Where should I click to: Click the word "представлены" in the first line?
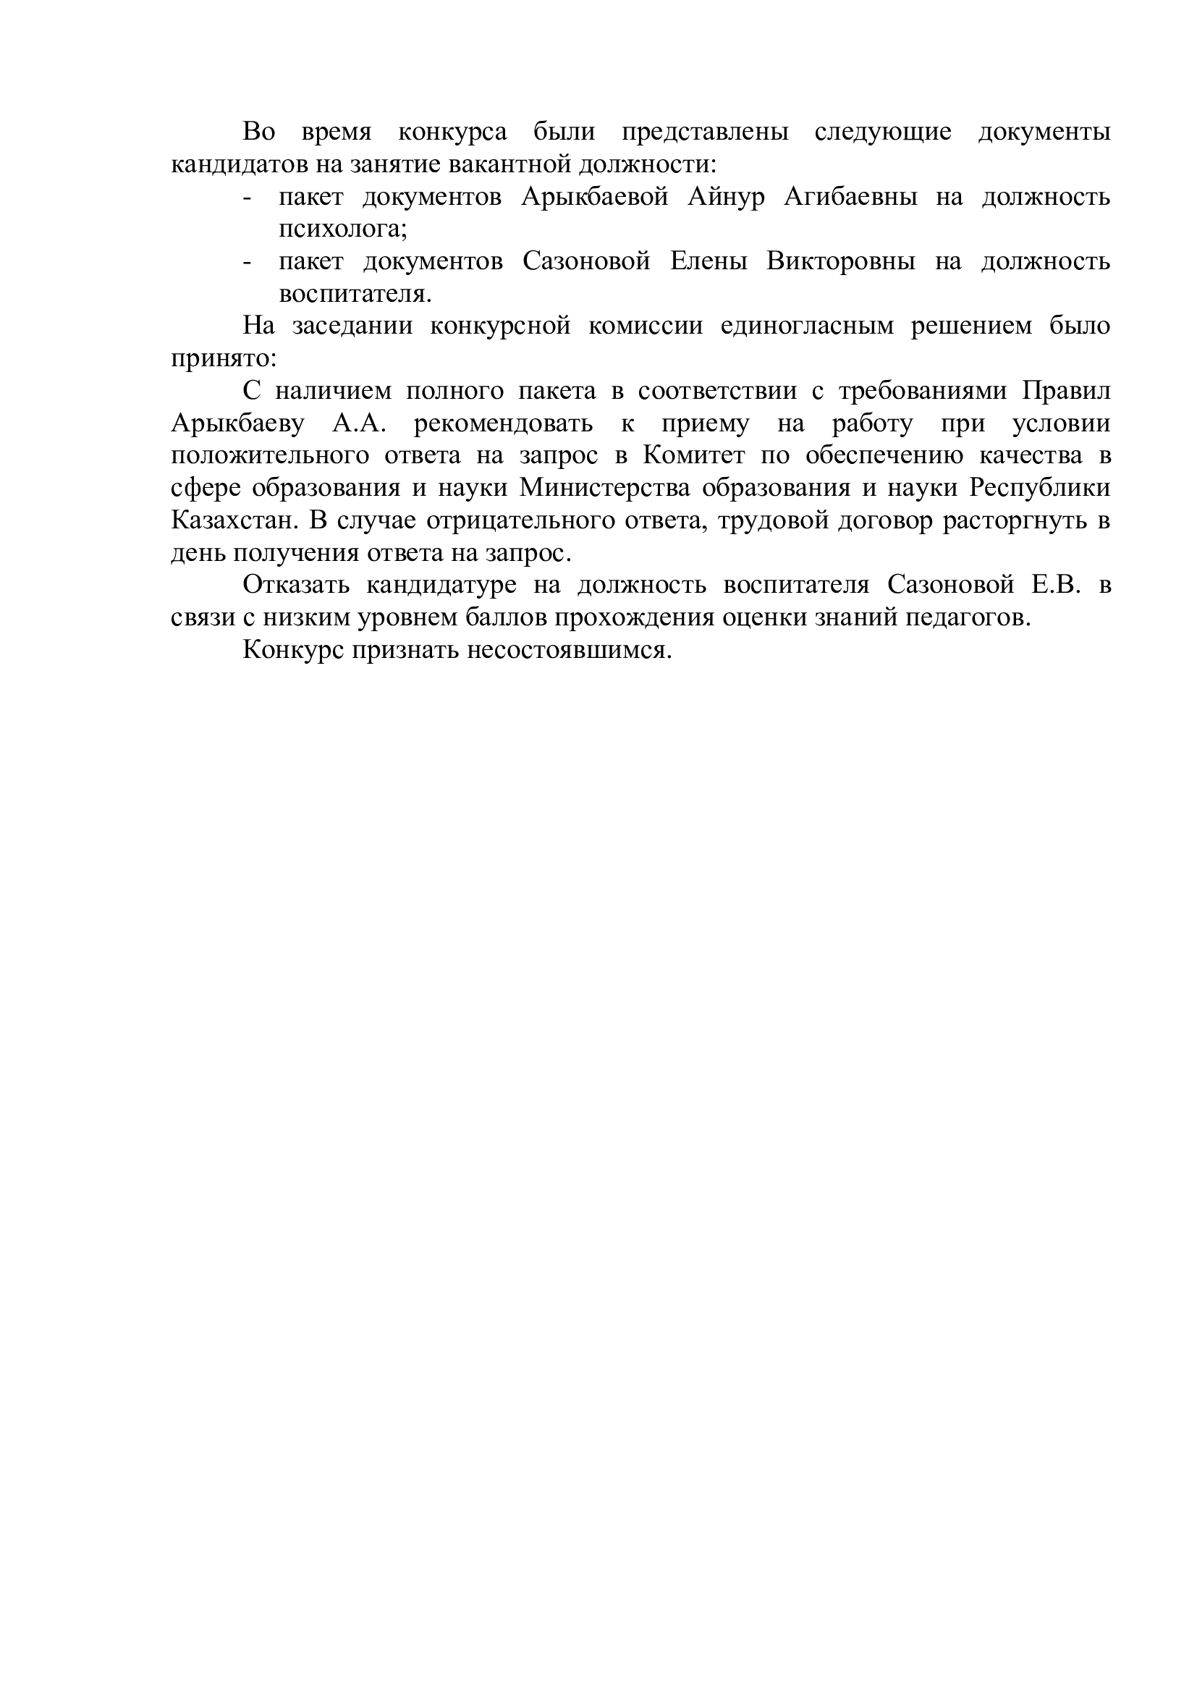(706, 132)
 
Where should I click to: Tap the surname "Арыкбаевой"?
(595, 197)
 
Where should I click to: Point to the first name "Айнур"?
(726, 197)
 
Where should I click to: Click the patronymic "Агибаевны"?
(850, 197)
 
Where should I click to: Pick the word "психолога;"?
(343, 229)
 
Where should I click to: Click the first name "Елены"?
(709, 262)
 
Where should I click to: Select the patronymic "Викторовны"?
(841, 262)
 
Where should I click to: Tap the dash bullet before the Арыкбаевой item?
(247, 198)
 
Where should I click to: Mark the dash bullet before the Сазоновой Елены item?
(247, 263)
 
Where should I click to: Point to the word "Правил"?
(1066, 391)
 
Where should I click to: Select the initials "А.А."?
(359, 423)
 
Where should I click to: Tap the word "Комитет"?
(693, 456)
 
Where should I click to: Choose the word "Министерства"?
(605, 488)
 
